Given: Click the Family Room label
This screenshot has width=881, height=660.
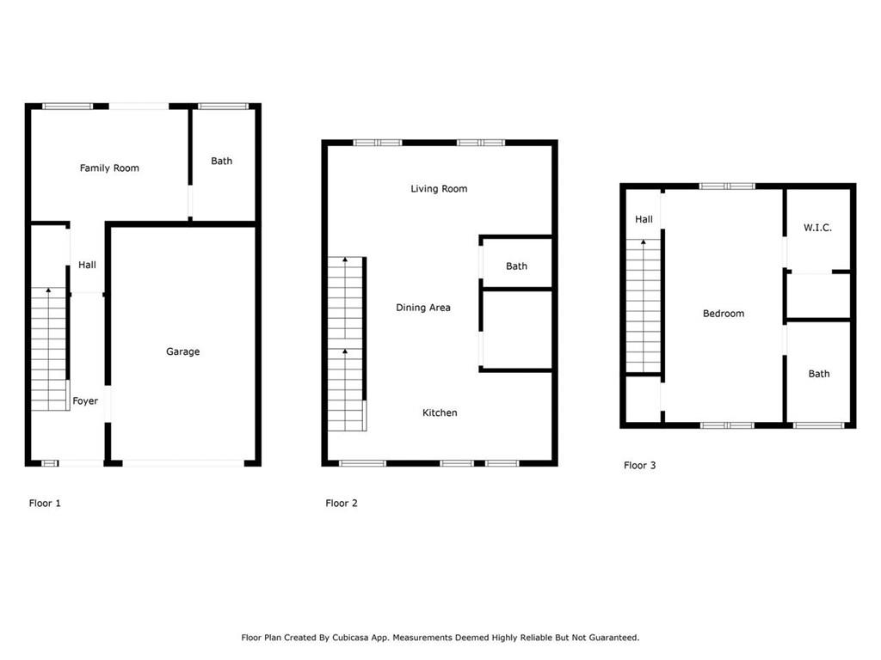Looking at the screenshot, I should click(x=109, y=168).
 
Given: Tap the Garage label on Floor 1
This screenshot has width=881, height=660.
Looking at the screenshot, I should click(x=182, y=351).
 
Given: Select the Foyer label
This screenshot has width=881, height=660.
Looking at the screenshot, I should click(x=85, y=401).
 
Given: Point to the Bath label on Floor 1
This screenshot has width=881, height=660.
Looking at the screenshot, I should click(x=221, y=162).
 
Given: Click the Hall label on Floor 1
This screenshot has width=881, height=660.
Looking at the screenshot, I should click(x=87, y=266).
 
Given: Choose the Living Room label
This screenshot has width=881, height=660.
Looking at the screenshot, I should click(x=439, y=189).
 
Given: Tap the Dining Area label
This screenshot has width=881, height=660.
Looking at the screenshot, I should click(x=422, y=308).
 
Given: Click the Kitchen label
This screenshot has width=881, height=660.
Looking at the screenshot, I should click(x=440, y=413).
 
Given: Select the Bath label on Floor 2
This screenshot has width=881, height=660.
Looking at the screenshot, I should click(x=516, y=266).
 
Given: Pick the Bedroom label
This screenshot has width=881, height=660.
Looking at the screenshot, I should click(x=723, y=314).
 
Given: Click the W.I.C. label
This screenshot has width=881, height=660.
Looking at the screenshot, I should click(x=817, y=228).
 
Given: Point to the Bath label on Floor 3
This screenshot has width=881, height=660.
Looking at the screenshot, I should click(x=819, y=374).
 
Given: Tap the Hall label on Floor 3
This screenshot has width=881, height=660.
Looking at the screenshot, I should click(x=644, y=220).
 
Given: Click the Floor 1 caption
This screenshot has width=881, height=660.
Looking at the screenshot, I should click(x=45, y=504).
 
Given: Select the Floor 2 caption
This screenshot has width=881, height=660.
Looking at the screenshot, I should click(x=342, y=504).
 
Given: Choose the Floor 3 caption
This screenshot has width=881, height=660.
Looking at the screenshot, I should click(x=639, y=466).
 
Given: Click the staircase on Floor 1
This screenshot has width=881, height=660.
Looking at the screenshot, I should click(x=49, y=348).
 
